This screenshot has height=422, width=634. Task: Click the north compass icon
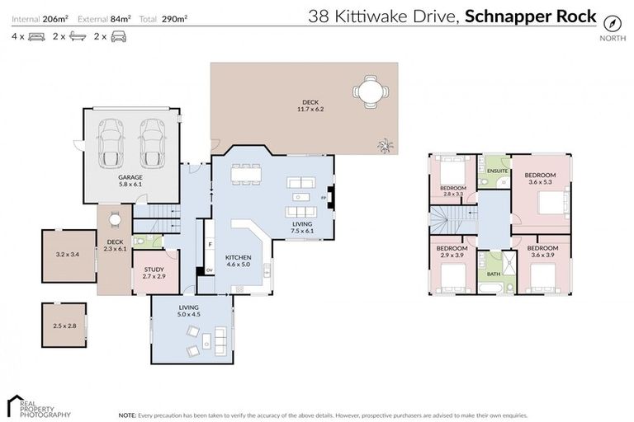click(611, 22)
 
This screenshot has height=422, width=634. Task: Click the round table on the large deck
click(369, 91)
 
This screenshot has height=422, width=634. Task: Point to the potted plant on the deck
click(385, 146)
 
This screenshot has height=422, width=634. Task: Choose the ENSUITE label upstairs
click(497, 171)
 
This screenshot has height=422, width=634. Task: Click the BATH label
click(494, 274)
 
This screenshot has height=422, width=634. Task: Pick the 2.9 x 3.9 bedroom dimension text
click(452, 256)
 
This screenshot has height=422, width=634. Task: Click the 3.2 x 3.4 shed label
click(68, 255)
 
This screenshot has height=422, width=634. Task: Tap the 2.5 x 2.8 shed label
click(64, 326)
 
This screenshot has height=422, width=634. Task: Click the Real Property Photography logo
click(37, 406)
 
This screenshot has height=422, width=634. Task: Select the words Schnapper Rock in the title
click(531, 15)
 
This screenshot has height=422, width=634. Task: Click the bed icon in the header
click(36, 36)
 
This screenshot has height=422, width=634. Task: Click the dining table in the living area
click(245, 174)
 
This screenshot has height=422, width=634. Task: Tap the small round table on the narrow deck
click(116, 219)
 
